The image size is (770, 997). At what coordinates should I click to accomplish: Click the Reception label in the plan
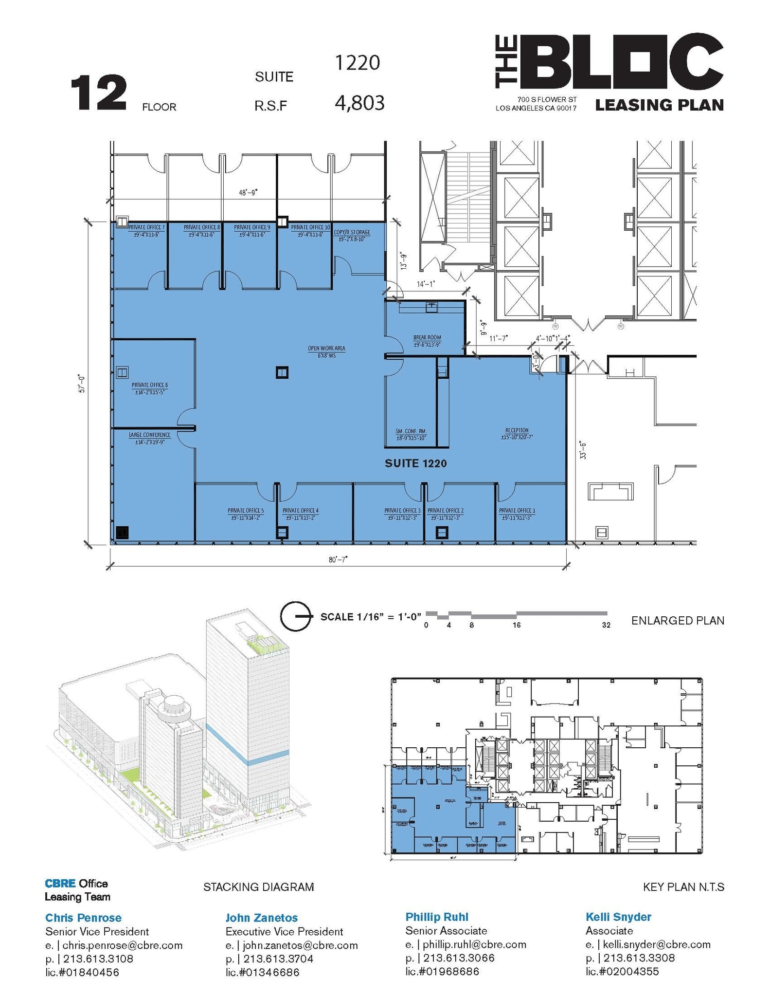click(x=517, y=433)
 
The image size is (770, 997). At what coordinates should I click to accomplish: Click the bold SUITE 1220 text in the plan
click(x=415, y=463)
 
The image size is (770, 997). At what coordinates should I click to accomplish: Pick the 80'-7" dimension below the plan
click(x=338, y=560)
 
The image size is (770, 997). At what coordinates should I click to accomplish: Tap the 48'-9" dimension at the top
click(x=248, y=193)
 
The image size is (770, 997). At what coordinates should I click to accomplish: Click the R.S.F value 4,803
click(x=359, y=103)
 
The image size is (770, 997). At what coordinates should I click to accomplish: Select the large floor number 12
click(x=99, y=93)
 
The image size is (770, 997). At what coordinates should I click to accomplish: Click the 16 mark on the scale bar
click(x=516, y=625)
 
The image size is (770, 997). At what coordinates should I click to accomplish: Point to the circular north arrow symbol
click(x=295, y=616)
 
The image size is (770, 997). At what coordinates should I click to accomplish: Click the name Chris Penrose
click(x=83, y=918)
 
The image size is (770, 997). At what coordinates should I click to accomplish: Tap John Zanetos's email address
click(x=300, y=945)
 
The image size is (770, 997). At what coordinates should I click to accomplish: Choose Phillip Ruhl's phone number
click(x=458, y=958)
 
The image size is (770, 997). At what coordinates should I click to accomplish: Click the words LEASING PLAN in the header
click(x=659, y=105)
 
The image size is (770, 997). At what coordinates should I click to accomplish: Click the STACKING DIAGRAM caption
click(x=258, y=887)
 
